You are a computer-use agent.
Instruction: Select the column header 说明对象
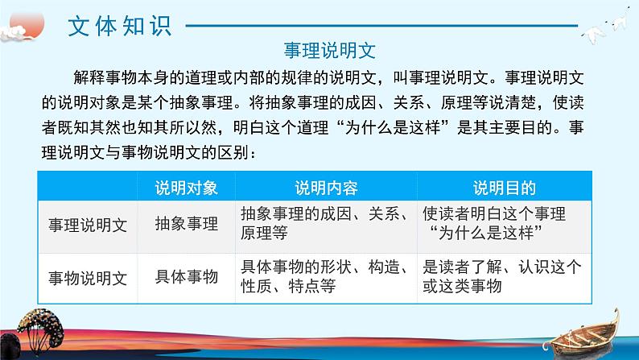(x=186, y=188)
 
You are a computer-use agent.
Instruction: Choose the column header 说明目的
(x=504, y=188)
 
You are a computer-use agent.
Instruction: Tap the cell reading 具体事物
(x=186, y=277)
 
